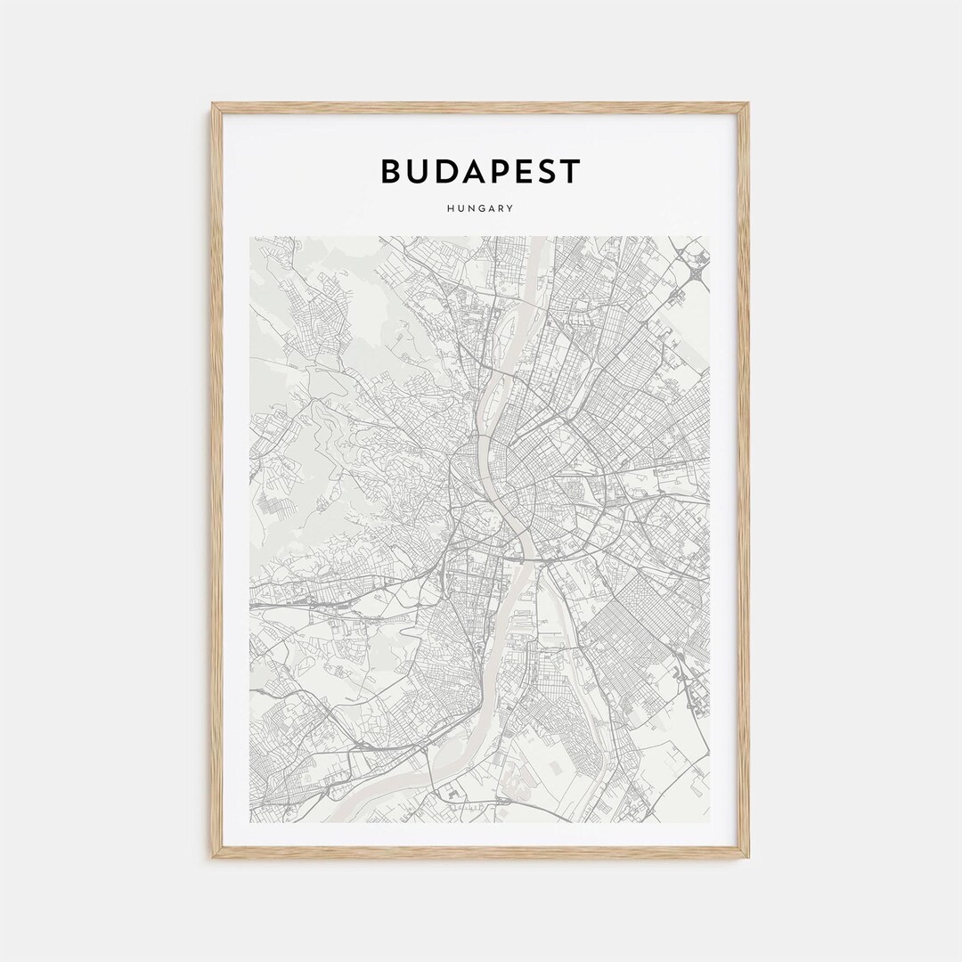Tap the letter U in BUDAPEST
pos(420,171)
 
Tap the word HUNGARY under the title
pos(481,208)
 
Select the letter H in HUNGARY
pos(452,208)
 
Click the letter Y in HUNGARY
pos(510,208)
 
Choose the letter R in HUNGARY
pos(501,208)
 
